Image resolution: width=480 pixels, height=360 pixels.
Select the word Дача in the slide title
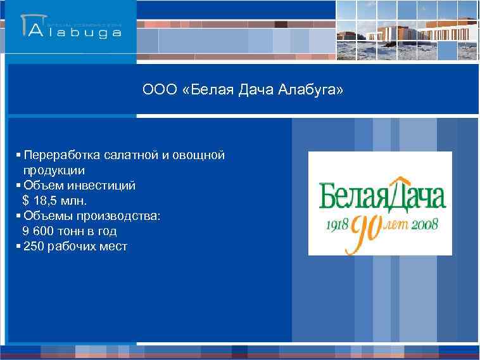click(x=255, y=91)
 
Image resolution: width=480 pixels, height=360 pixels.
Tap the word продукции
click(x=54, y=170)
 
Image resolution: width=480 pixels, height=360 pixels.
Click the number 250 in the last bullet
click(x=34, y=247)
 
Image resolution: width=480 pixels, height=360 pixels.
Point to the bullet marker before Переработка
click(x=20, y=155)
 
